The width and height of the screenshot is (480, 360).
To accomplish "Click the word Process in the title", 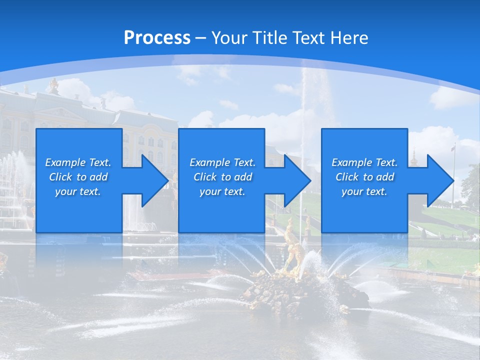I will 157,38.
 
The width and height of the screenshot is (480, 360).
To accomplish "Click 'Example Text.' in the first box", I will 78,162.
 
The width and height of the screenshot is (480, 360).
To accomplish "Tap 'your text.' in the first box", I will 78,191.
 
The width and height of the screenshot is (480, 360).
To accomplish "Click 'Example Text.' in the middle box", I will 222,162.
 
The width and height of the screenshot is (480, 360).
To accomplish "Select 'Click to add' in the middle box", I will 222,177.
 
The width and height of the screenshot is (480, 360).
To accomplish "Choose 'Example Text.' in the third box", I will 364,162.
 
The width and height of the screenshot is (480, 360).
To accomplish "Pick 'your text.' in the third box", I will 364,191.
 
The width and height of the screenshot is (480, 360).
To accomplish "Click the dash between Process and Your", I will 200,38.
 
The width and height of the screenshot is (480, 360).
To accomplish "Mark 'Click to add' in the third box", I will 364,177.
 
